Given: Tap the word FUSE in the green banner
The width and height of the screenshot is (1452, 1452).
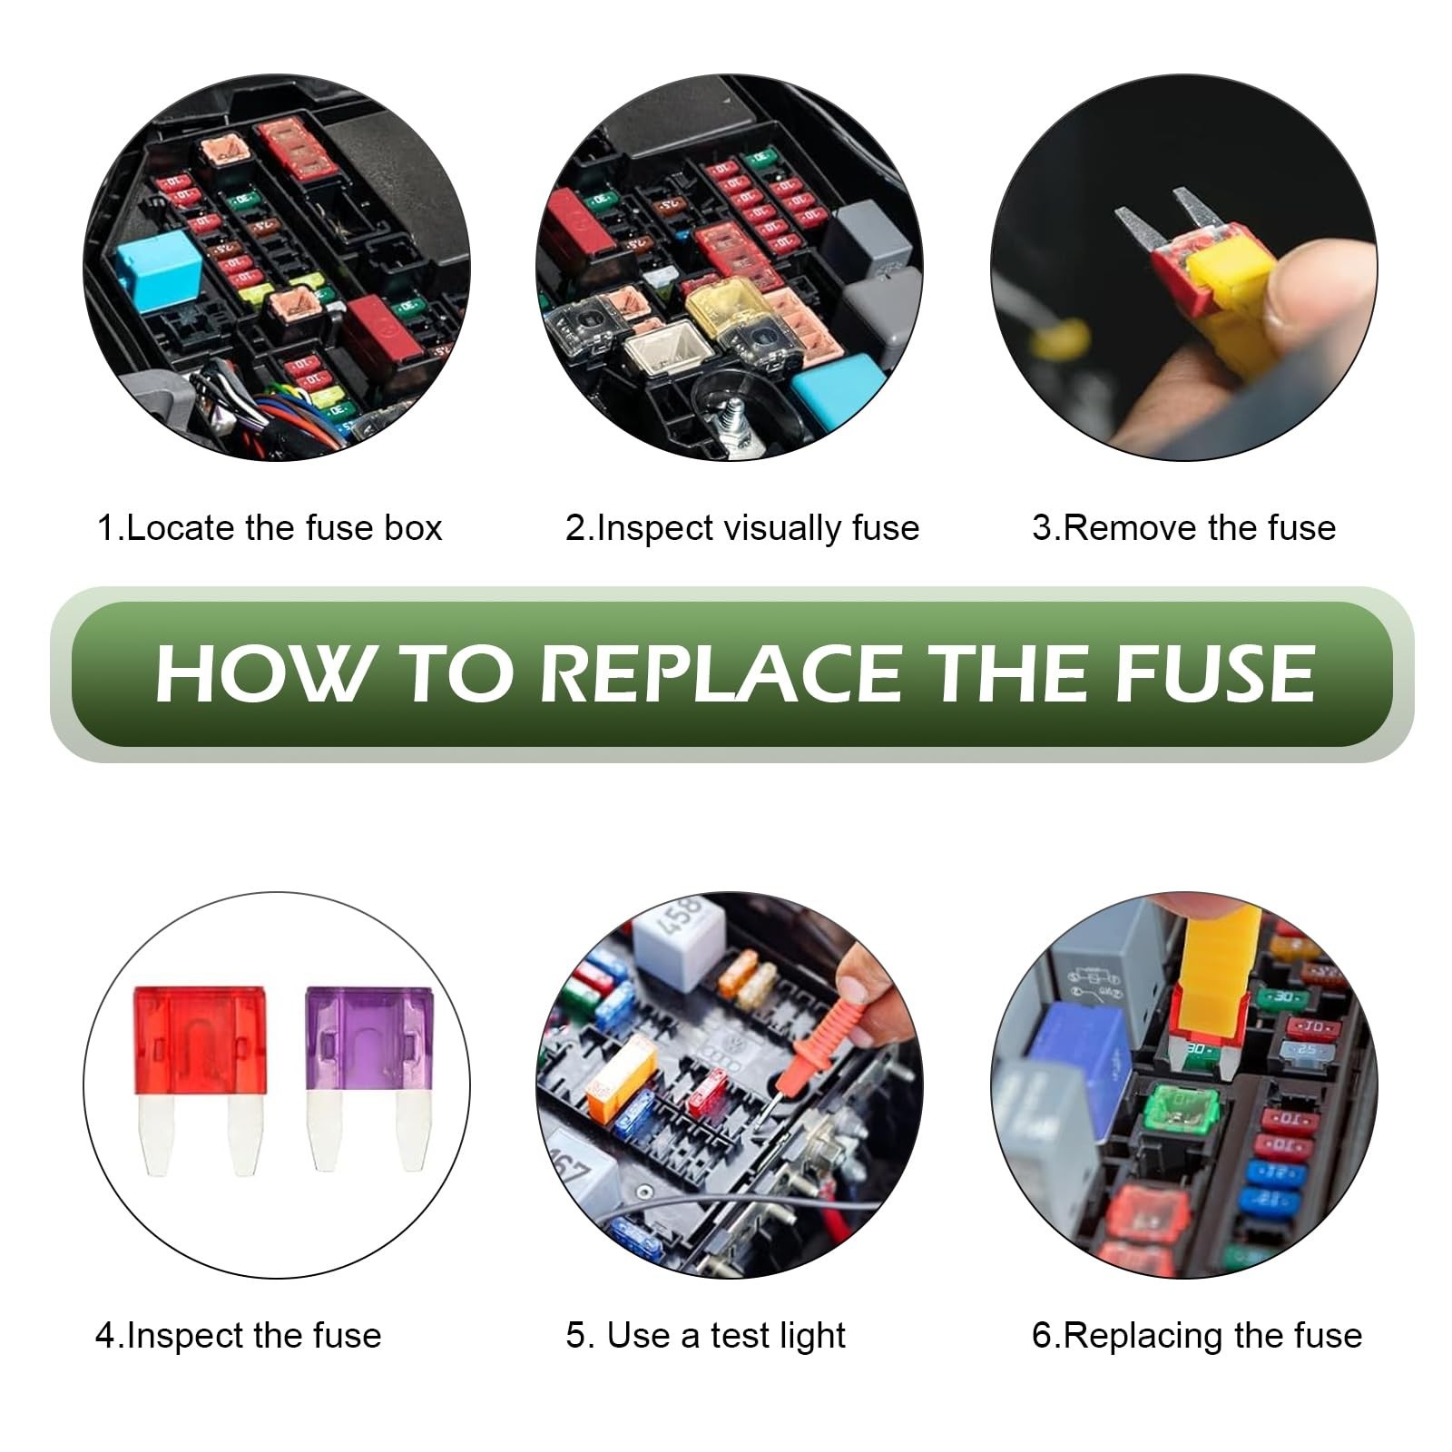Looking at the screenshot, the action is (x=1214, y=673).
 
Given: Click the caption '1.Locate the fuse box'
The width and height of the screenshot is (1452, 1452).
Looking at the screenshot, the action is (x=270, y=528).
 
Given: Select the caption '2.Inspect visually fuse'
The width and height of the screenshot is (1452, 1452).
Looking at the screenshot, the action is (x=742, y=528).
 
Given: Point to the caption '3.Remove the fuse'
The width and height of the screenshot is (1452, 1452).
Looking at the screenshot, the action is (x=1184, y=528).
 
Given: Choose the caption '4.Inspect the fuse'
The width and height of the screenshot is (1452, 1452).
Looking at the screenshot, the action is (x=239, y=1336).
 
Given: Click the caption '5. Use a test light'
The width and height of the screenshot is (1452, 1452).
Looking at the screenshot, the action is (x=706, y=1336).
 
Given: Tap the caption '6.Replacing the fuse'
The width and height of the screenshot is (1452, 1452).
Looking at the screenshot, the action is (x=1197, y=1336).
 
